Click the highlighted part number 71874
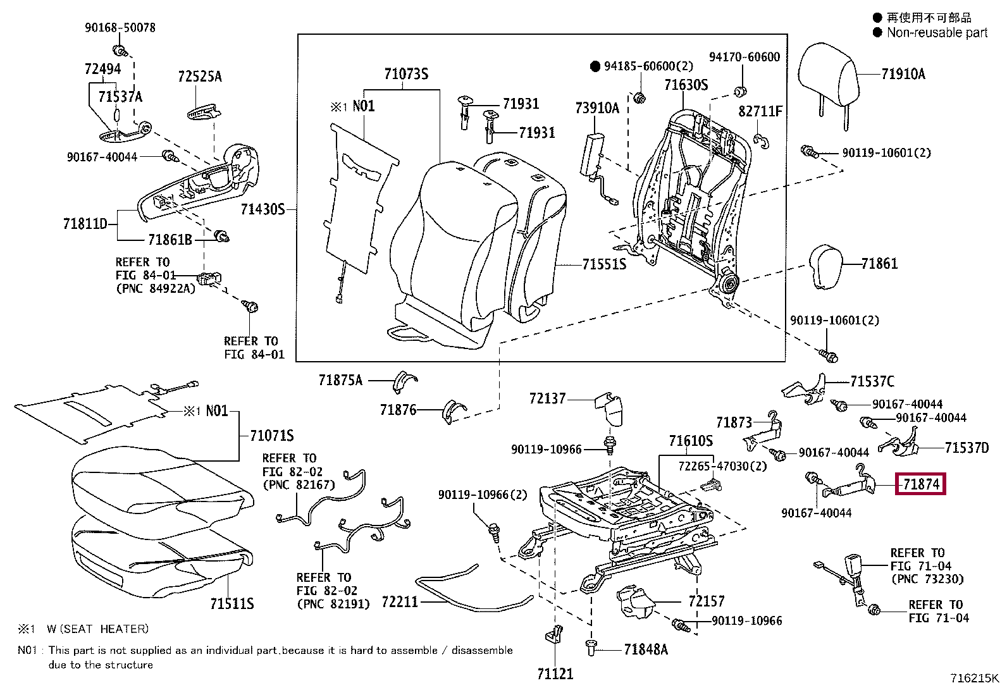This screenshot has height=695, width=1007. coord(920,484)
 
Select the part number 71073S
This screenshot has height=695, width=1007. coord(406,74)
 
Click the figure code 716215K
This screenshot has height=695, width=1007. coord(973,679)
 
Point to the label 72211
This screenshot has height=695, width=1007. coord(400,601)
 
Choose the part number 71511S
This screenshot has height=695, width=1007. coord(232,604)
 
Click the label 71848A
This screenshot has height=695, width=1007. coord(645,649)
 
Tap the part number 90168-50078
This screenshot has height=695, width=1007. coord(120,27)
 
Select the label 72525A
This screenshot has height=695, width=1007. coord(200,77)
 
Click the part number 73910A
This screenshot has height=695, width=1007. coord(597,108)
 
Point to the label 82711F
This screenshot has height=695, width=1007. coord(760,111)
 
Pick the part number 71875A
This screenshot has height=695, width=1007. coord(340,380)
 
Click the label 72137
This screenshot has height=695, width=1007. coord(547,398)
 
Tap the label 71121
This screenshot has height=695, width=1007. coord(555,674)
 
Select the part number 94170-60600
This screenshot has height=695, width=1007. coord(744,57)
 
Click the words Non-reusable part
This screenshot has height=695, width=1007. coord(936,33)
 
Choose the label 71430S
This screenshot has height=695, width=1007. coord(263,209)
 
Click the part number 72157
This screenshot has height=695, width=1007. coord(706,601)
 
